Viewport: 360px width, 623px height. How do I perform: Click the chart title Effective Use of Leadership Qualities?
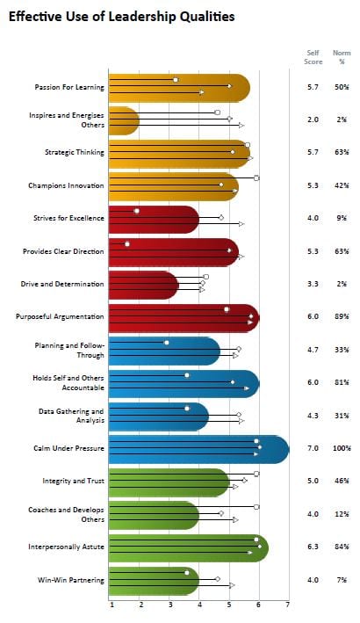(121, 16)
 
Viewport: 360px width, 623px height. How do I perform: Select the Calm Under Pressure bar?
(197, 448)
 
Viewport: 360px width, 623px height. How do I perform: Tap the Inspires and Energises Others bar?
(123, 120)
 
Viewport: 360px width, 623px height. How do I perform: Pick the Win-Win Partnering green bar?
(153, 580)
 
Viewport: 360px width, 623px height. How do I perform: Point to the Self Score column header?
(313, 57)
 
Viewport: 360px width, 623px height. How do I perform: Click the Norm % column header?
(342, 57)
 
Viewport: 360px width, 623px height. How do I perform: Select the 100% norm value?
(342, 448)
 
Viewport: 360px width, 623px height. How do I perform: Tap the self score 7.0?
(313, 448)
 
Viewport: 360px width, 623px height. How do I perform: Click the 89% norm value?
(342, 316)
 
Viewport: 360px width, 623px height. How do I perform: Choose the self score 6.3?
(313, 547)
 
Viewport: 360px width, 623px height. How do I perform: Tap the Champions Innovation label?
(67, 185)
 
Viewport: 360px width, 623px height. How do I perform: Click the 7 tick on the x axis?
(287, 605)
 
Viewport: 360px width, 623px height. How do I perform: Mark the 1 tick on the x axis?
(111, 605)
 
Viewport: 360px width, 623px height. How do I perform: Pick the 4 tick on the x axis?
(199, 605)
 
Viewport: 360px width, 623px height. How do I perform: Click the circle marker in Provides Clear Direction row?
(127, 243)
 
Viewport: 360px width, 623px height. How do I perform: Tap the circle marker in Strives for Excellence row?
(137, 211)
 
